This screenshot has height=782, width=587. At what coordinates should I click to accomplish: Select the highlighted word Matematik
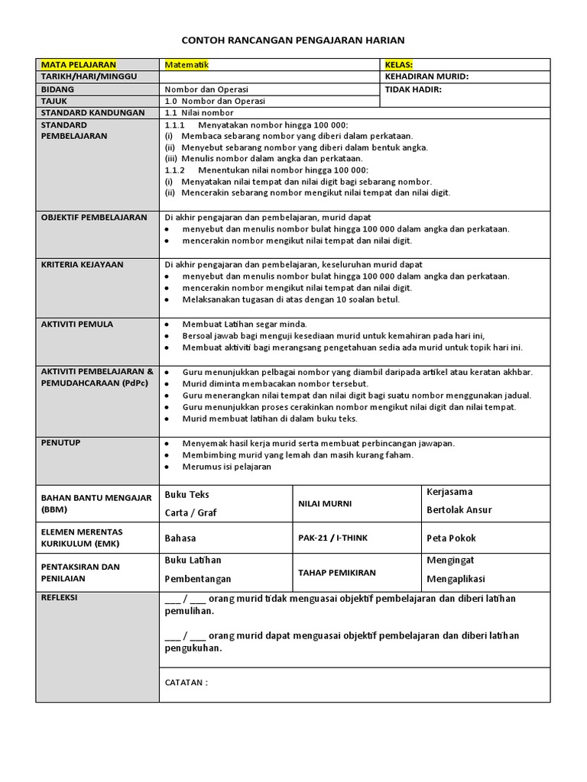pos(186,65)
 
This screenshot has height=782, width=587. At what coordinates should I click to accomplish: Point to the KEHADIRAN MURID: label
pos(426,77)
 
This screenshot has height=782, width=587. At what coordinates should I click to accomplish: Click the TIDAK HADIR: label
pos(413,89)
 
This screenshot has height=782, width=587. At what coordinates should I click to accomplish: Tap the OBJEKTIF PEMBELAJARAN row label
pos(93,218)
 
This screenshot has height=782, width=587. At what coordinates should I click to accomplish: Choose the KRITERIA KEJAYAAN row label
pos(82,265)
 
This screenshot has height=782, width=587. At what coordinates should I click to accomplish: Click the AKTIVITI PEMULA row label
pos(76,325)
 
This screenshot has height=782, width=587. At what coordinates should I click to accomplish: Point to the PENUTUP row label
pos(60,443)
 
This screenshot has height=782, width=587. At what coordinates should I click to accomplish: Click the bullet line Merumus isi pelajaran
pos(226,467)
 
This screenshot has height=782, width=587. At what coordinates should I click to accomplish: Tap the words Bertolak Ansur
pos(459,510)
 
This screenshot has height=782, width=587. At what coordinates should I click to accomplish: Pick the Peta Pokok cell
pos(450,538)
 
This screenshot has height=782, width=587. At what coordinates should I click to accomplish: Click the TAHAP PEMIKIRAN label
pos(336,573)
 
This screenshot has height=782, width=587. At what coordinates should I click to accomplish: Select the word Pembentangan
pos(197,580)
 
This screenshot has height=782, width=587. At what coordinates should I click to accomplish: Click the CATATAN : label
pos(186,683)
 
